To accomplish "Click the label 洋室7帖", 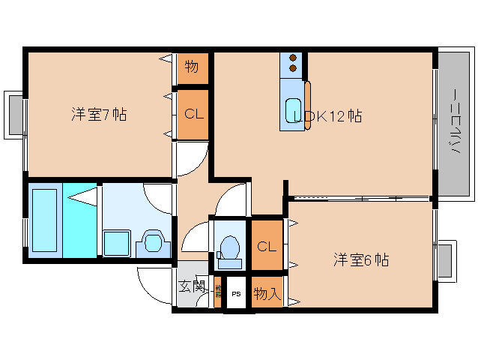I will (x=99, y=115).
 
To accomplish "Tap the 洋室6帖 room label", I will (x=361, y=260).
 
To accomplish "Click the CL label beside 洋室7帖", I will (x=192, y=115).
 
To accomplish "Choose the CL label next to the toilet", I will (x=266, y=246).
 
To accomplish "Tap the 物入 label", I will (x=266, y=293).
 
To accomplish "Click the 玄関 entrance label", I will (x=192, y=286).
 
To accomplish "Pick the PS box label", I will (x=236, y=294).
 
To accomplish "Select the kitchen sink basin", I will (x=293, y=110).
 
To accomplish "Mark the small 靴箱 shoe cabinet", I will (x=218, y=292).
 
